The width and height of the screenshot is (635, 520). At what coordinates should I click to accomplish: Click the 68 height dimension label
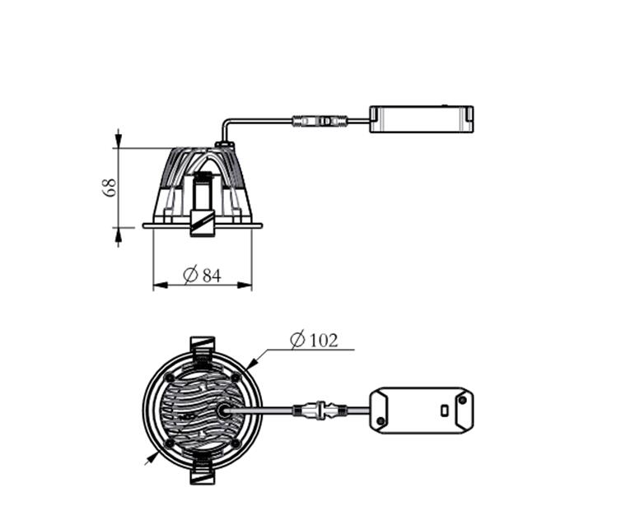[110, 188]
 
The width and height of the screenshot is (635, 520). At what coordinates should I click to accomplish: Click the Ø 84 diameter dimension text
[203, 275]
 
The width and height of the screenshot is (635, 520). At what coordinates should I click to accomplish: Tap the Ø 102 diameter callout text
[315, 340]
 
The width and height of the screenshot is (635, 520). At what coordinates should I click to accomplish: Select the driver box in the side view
[422, 119]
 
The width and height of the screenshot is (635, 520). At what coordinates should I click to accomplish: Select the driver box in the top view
[422, 411]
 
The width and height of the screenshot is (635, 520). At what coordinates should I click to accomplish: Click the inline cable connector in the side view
[320, 121]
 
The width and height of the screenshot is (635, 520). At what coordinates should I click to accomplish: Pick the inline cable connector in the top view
[320, 411]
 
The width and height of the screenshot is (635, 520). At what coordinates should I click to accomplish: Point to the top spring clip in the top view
[203, 347]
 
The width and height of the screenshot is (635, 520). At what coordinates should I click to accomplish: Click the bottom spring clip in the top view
[202, 472]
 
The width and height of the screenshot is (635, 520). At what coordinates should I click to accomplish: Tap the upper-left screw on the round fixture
[170, 378]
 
